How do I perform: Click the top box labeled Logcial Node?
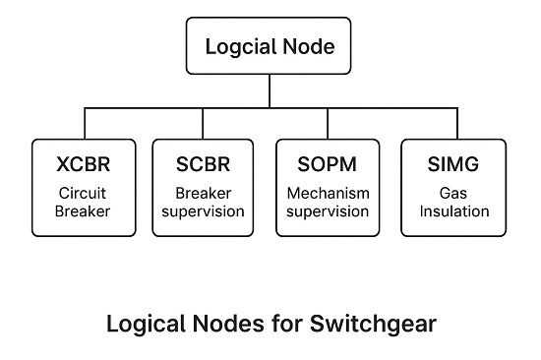coord(270,46)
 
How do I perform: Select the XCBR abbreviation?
coord(84,161)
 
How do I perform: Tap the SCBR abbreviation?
coord(202,161)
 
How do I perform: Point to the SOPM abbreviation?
coord(329,161)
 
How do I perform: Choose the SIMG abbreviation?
coord(453,161)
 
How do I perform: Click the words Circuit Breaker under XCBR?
coord(84,202)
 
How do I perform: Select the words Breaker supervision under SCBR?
coord(202,202)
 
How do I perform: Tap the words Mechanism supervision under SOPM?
coord(329,202)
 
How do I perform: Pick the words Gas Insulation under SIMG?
coord(453,202)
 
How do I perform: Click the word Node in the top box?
coord(306,46)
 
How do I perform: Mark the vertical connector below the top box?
coord(270,90)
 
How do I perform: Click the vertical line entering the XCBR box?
coord(84,123)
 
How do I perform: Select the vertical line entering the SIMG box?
coord(453,123)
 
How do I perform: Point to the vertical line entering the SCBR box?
coord(202,123)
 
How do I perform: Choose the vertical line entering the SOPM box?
coord(329,123)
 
